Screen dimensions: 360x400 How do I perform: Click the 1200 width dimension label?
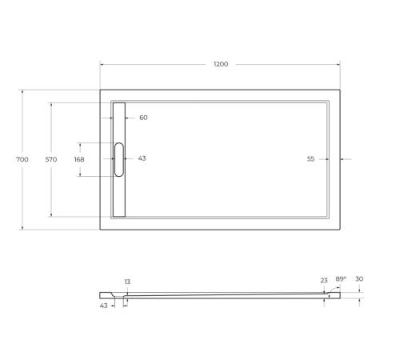click(x=221, y=64)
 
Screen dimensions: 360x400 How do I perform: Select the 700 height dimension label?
click(x=22, y=159)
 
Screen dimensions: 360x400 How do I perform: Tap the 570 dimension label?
click(x=50, y=159)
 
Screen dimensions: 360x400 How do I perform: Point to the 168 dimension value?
click(x=79, y=159)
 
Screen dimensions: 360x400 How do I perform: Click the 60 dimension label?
click(x=143, y=118)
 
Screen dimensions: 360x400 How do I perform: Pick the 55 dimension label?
click(x=310, y=159)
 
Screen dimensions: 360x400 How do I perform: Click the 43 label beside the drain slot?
click(x=142, y=158)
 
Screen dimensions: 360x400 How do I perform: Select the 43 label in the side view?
click(x=103, y=306)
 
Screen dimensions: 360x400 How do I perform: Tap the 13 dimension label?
click(x=126, y=282)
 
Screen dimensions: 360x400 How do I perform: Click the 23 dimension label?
click(x=323, y=281)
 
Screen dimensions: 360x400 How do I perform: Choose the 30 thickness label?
click(x=359, y=278)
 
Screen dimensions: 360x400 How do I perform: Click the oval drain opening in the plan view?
click(x=119, y=159)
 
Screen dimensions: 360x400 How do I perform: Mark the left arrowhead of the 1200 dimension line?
click(x=102, y=64)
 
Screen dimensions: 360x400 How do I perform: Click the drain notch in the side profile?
click(x=123, y=296)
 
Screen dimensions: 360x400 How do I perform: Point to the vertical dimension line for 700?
click(x=22, y=200)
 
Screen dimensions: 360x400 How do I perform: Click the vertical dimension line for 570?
click(x=50, y=192)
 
